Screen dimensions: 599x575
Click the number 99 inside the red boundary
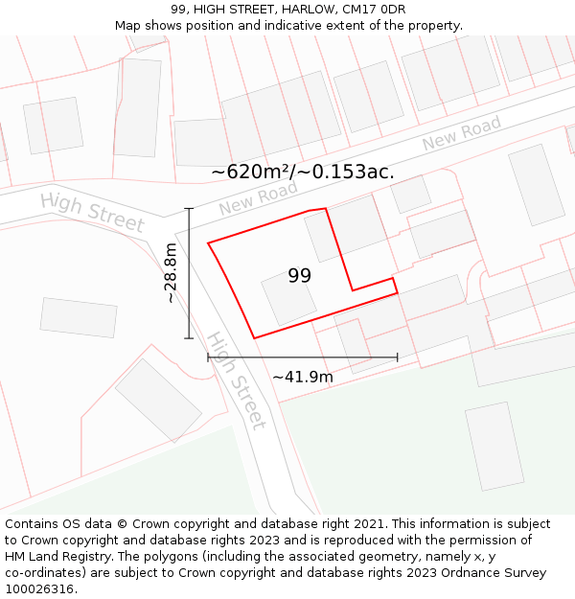[299, 276]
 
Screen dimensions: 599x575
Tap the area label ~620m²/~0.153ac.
[302, 173]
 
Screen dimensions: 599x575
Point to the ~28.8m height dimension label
[171, 272]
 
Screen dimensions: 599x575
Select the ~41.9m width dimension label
[303, 377]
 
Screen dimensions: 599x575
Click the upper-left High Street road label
[92, 212]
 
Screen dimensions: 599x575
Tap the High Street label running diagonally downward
[236, 380]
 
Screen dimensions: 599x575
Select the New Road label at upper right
[462, 134]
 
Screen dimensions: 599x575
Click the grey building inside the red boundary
[288, 298]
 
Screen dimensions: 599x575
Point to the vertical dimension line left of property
[189, 272]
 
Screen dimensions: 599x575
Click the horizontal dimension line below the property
[302, 357]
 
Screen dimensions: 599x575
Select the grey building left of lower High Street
[158, 400]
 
